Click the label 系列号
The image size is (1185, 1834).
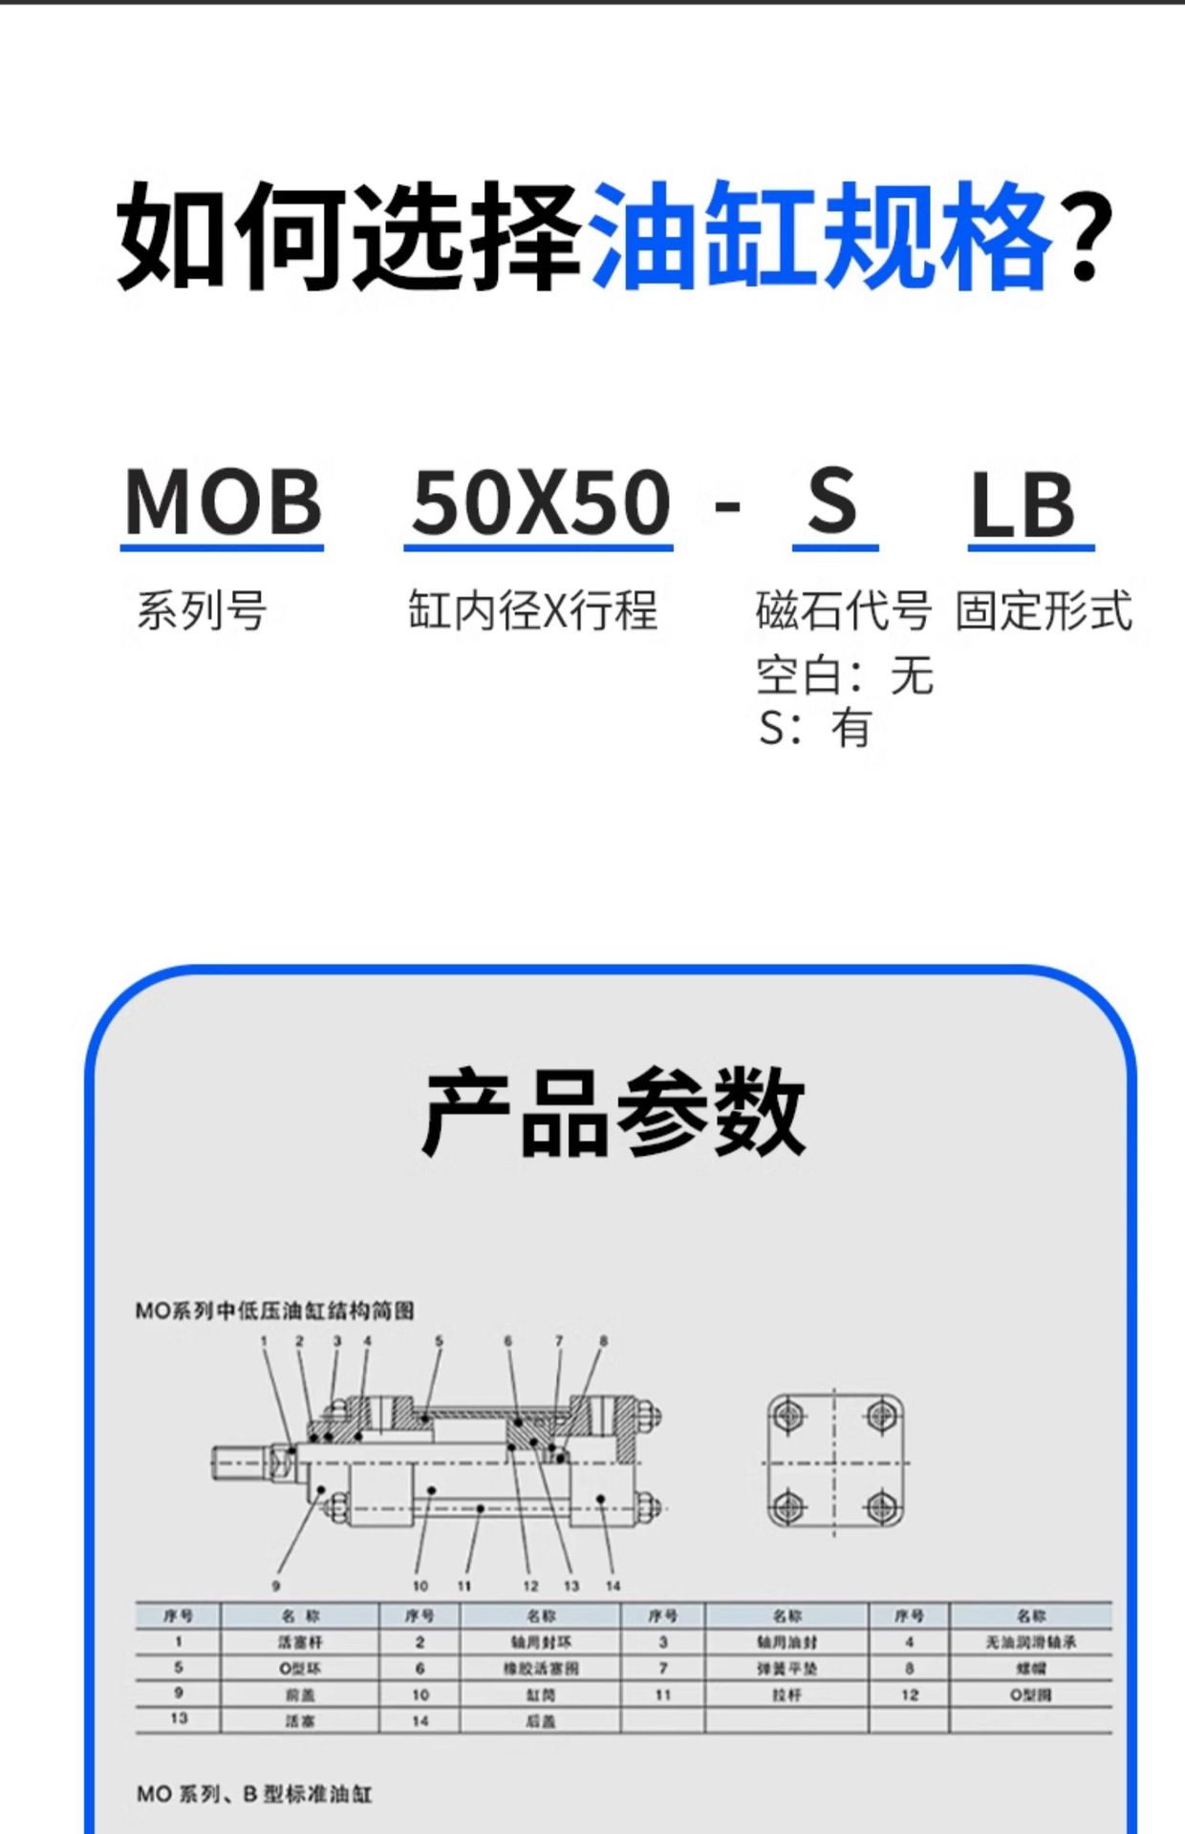202,610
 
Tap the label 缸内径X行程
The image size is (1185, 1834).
532,610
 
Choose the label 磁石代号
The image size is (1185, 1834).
843,610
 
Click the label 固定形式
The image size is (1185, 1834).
1044,610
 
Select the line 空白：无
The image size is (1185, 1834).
845,675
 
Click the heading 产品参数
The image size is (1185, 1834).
614,1112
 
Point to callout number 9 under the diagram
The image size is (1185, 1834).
276,1587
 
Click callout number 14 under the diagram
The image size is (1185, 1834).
613,1587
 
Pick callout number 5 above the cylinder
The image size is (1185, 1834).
439,1341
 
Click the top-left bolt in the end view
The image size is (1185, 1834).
788,1415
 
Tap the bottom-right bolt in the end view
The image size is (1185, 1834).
881,1508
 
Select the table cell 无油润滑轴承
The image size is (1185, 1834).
1030,1642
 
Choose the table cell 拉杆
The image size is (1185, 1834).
786,1695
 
